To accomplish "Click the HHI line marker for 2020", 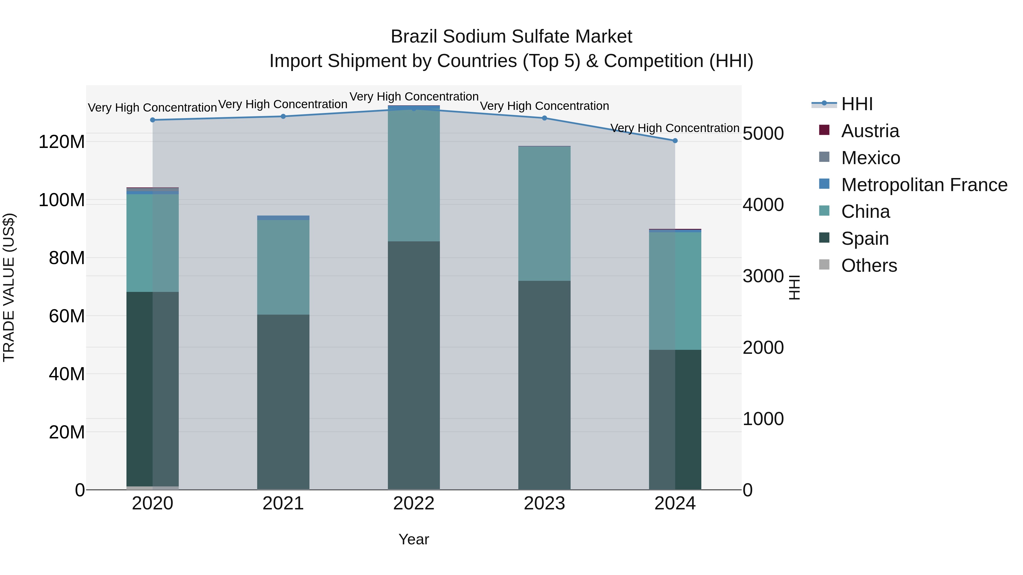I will (153, 120).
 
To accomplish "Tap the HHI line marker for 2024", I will (675, 141).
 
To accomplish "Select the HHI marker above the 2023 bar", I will (544, 118).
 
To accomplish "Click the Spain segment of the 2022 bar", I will (413, 365).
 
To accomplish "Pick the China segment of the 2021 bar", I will (283, 267).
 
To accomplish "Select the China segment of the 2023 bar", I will (544, 214).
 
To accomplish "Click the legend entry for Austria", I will (870, 131).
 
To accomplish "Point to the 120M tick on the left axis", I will (62, 142).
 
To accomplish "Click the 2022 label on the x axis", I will (413, 503).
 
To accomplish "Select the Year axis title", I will (413, 539).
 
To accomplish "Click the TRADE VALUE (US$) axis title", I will (9, 287).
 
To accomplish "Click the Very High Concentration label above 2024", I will (674, 128).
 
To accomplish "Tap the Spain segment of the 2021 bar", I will (283, 402).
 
